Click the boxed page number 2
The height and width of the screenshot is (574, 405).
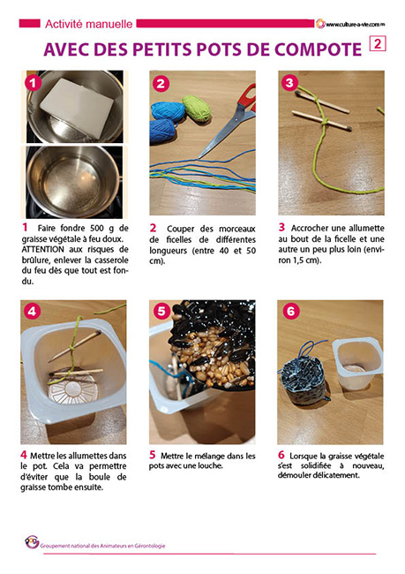[378, 44]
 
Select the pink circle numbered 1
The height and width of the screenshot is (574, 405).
[34, 83]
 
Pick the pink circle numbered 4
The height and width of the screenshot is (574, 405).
[32, 312]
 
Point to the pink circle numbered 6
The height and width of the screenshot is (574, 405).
[291, 312]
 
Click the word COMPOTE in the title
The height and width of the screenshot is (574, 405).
[318, 49]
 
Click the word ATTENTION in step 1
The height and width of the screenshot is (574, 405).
[43, 250]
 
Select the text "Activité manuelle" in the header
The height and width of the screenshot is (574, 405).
[88, 24]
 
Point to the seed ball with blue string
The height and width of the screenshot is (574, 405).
[303, 380]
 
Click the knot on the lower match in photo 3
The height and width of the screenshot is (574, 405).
[324, 121]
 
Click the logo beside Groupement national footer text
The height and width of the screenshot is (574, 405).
[32, 542]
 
